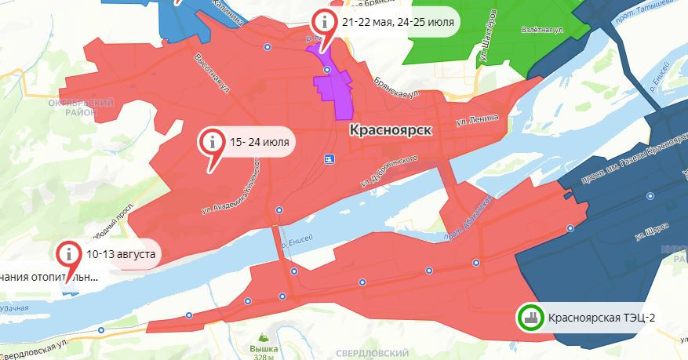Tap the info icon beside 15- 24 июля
211,142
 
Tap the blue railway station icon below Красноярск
329,159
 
